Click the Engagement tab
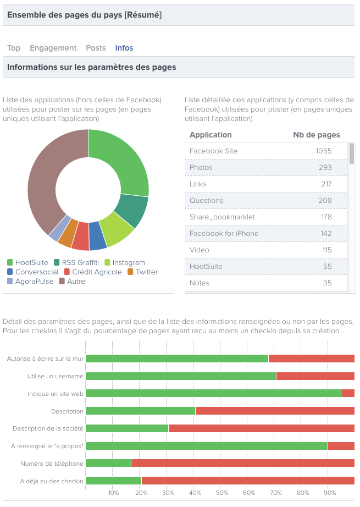(x=53, y=48)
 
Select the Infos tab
(x=124, y=48)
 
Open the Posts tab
(x=96, y=48)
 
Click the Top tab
(x=14, y=48)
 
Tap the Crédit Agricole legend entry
(x=92, y=272)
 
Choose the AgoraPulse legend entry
(x=32, y=282)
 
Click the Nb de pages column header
(x=316, y=135)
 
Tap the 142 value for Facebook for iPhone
(x=325, y=234)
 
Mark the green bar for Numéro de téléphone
(x=108, y=464)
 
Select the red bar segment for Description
(x=275, y=411)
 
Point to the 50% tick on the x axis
(x=221, y=493)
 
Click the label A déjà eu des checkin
(x=52, y=481)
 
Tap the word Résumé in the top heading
(x=143, y=15)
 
